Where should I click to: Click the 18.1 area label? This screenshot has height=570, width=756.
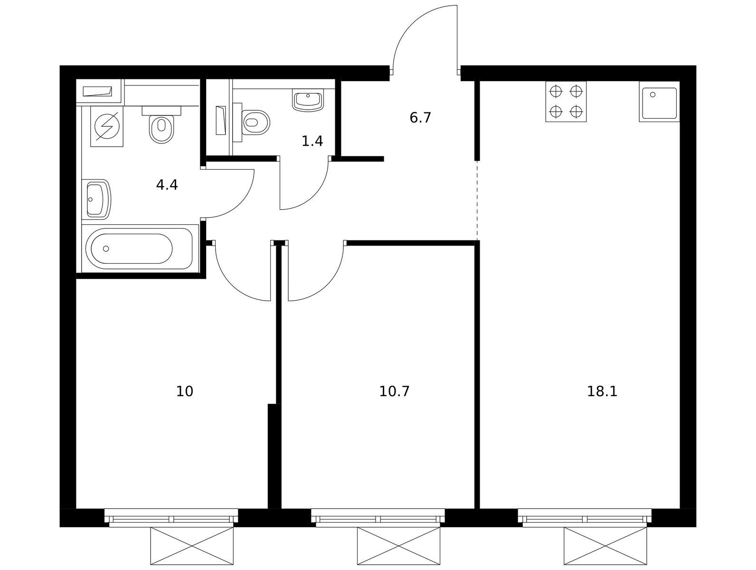pos(602,391)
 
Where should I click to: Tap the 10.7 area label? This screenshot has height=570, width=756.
pos(394,391)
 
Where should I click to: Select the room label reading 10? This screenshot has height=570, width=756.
pos(185,391)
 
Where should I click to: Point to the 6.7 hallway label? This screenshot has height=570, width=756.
pos(420,118)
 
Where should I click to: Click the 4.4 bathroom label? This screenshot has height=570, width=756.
pos(167,185)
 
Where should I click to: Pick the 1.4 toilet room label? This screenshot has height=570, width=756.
pos(312,141)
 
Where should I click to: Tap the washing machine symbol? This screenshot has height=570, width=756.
pos(107,126)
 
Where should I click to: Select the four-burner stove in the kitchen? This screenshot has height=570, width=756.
pos(566,102)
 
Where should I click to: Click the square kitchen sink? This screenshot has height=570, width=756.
pos(659,102)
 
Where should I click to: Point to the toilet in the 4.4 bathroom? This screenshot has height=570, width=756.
pos(161,124)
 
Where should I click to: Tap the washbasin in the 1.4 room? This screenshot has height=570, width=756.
pos(308,100)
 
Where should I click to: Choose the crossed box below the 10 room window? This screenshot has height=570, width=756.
pos(192,546)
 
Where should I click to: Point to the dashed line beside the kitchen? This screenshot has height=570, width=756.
pos(477,200)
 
